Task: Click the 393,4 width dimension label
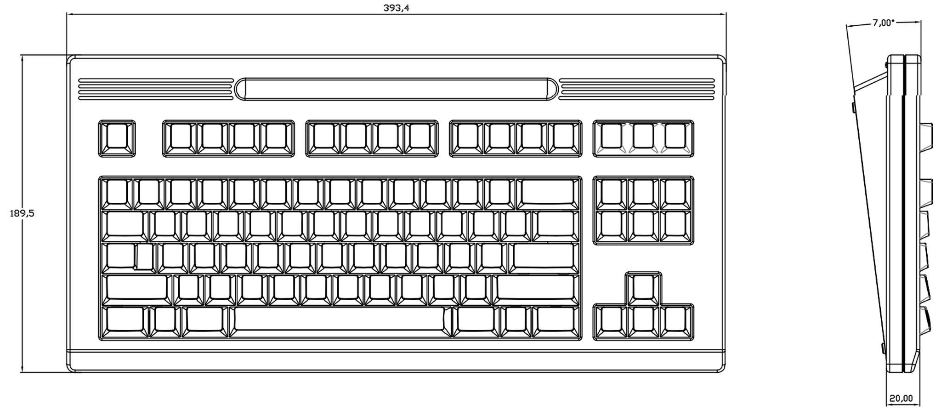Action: click(396, 8)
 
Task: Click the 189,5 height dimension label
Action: click(22, 213)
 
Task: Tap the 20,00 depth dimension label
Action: click(901, 398)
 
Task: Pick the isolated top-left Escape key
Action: click(117, 138)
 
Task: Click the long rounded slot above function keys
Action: click(396, 89)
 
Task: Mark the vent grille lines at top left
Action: click(155, 89)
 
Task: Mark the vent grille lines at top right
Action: click(637, 89)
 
